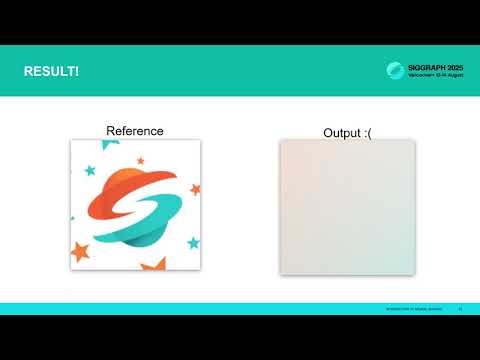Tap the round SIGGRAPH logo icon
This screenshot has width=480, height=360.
[x=396, y=71]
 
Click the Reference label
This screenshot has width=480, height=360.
[x=134, y=131]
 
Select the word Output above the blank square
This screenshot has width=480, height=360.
[x=338, y=133]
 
